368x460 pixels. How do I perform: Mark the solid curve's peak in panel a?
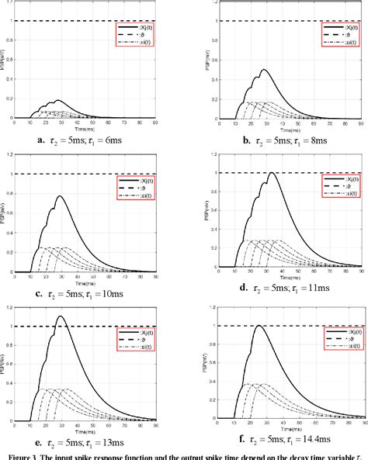[x=56, y=101]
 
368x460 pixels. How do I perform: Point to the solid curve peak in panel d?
[x=271, y=173]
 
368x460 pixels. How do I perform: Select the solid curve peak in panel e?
[x=61, y=316]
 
